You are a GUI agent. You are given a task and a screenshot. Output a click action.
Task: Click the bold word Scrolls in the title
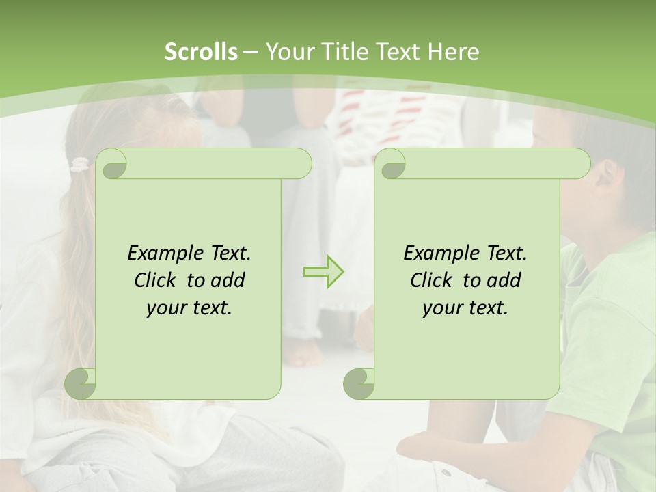pyautogui.click(x=201, y=51)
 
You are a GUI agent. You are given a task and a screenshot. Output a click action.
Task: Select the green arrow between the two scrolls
pyautogui.click(x=324, y=272)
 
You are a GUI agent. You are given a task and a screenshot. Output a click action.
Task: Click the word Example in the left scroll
pyautogui.click(x=162, y=253)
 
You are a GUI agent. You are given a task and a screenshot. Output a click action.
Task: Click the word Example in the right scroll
pyautogui.click(x=438, y=253)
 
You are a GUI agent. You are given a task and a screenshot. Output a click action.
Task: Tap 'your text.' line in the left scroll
pyautogui.click(x=189, y=307)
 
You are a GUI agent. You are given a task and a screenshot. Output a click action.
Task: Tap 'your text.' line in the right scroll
pyautogui.click(x=465, y=307)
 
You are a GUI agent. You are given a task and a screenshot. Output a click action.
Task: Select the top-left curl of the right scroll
pyautogui.click(x=392, y=165)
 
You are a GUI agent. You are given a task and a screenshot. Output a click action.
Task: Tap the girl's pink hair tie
pyautogui.click(x=81, y=164)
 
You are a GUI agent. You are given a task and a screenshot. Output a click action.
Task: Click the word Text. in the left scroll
pyautogui.click(x=230, y=253)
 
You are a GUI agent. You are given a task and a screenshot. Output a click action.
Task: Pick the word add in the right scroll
pyautogui.click(x=505, y=280)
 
